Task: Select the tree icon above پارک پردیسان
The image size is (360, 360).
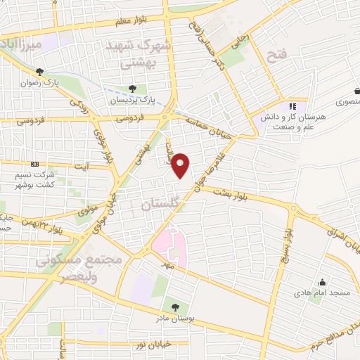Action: [x=132, y=89]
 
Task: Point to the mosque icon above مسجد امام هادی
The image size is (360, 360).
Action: [x=322, y=282]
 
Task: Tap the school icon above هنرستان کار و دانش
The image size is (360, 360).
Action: [x=292, y=106]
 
